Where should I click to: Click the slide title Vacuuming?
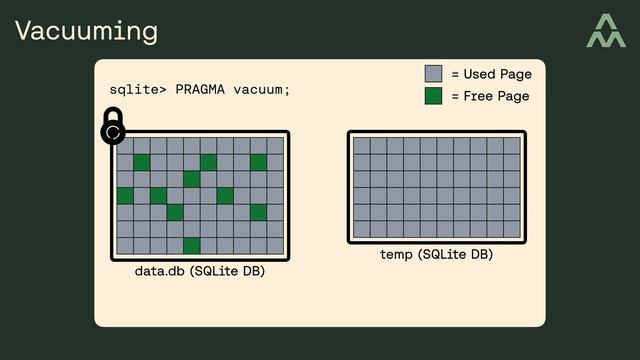click(x=86, y=31)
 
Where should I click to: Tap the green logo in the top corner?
click(x=605, y=31)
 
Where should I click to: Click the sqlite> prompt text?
click(x=138, y=90)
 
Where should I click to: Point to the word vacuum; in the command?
click(x=262, y=90)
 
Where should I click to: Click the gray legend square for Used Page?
click(x=433, y=74)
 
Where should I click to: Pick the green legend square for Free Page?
click(x=433, y=96)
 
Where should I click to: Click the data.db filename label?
click(x=159, y=271)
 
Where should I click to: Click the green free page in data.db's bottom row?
click(x=192, y=246)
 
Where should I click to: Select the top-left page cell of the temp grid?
click(x=362, y=146)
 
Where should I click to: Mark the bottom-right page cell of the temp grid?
click(x=512, y=229)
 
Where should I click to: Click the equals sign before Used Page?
click(x=456, y=74)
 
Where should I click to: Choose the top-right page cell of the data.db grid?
click(x=275, y=146)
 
